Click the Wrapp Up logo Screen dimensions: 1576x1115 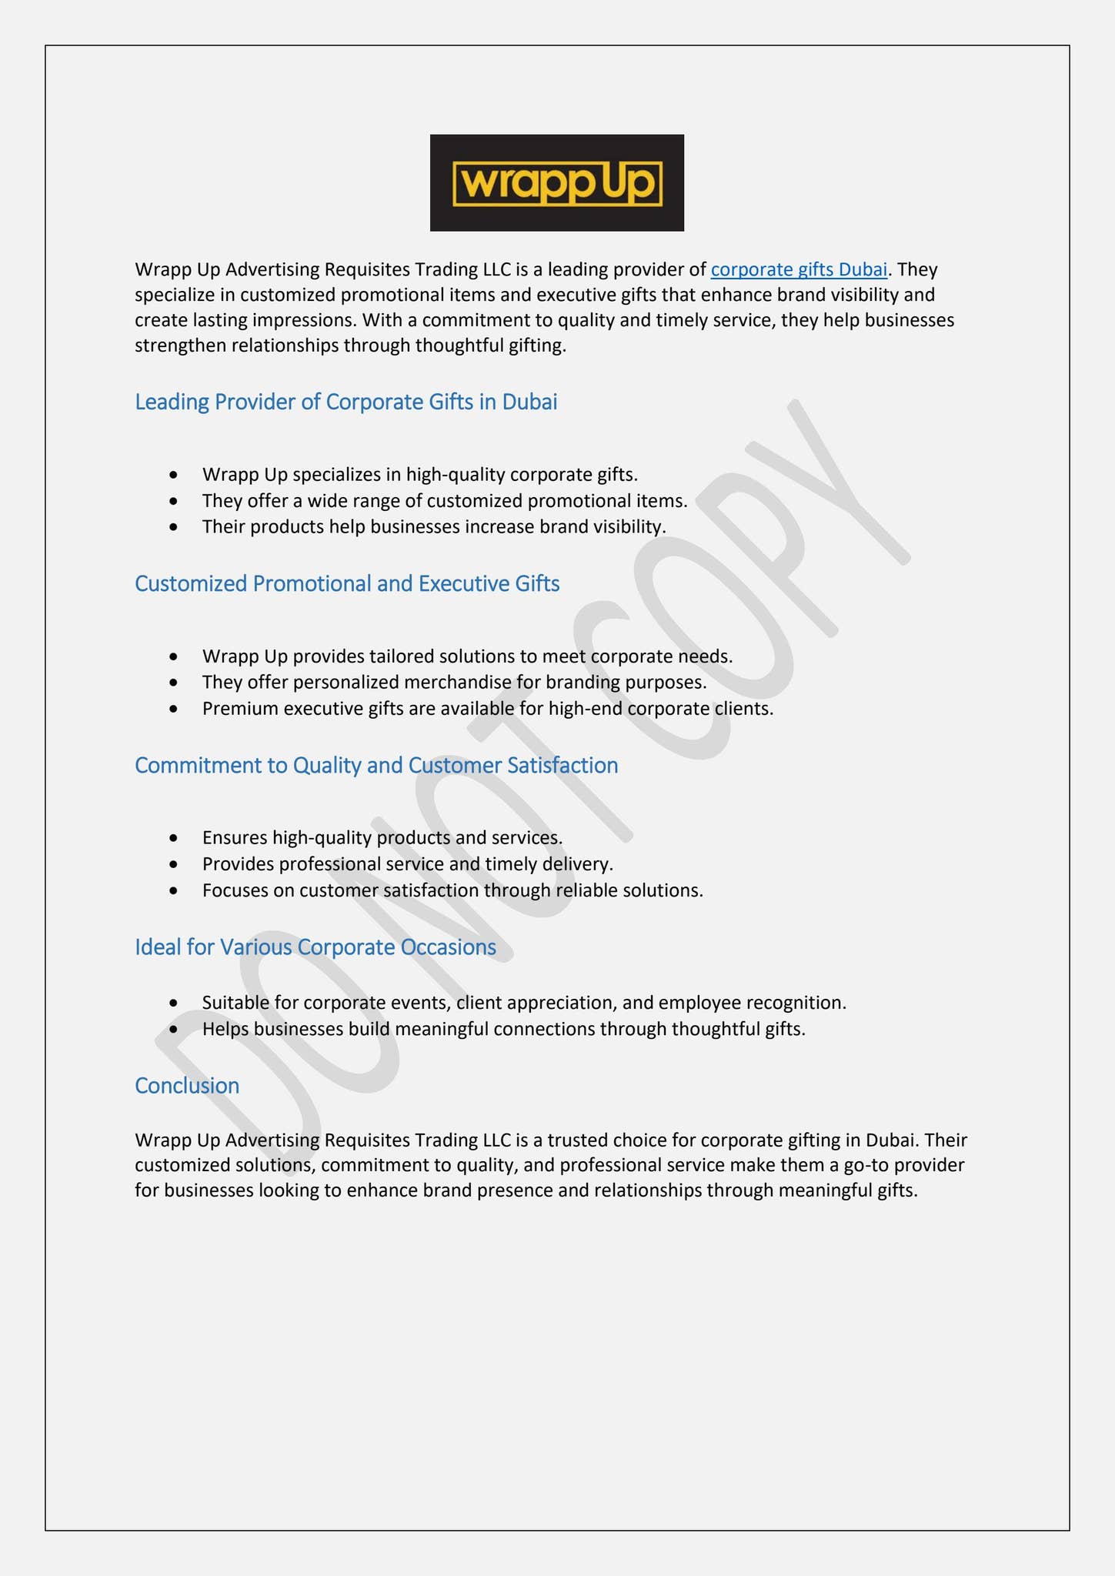coord(556,183)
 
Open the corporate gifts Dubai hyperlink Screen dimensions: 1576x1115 coord(799,269)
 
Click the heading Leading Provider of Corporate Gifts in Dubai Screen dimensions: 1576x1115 coord(346,402)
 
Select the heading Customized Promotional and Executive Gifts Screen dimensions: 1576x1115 coord(347,583)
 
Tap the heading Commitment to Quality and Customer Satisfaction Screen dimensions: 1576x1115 coord(376,765)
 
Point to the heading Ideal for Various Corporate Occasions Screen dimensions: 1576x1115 coord(315,947)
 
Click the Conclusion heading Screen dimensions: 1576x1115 coord(187,1085)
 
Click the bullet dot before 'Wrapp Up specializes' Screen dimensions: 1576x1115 coord(175,475)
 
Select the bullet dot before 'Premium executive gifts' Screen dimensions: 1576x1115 coord(175,709)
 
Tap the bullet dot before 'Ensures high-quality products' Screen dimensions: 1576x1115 coord(175,837)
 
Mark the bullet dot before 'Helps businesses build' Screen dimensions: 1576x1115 coord(175,1029)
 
